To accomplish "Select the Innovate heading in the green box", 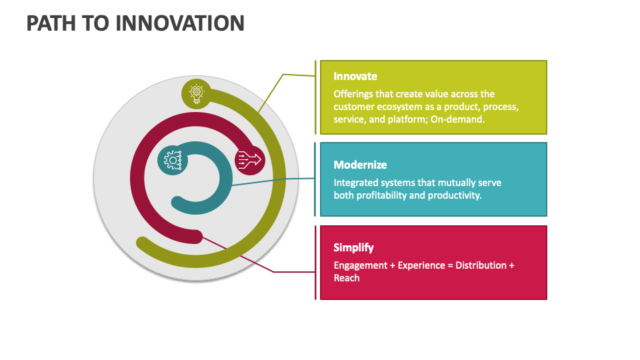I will [355, 76].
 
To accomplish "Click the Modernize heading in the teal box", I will [360, 165].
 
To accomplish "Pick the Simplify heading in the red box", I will [353, 247].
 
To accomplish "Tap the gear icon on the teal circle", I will [173, 160].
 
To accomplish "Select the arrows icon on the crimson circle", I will [250, 159].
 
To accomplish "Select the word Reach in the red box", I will [347, 277].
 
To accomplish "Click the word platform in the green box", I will [409, 119].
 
